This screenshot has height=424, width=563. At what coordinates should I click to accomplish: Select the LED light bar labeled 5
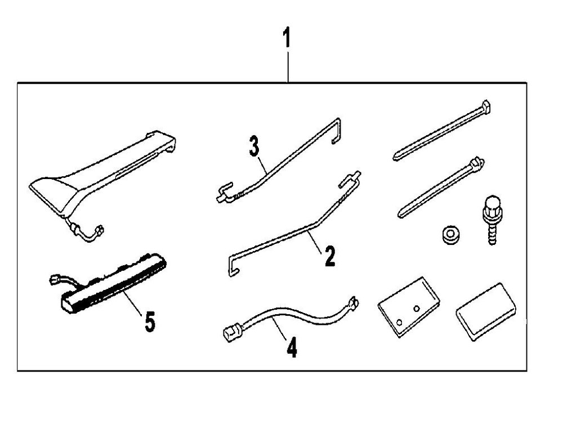[113, 284]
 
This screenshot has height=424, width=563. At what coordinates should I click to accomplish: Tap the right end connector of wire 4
[354, 302]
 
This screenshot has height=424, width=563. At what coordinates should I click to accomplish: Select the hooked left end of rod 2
[233, 265]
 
